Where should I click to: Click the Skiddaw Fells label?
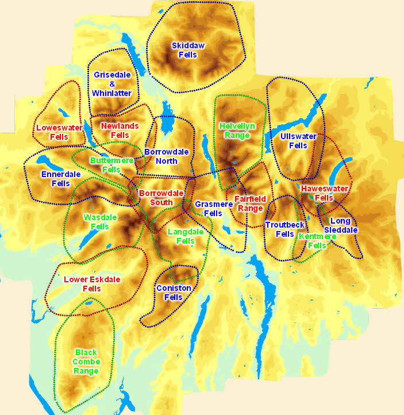click(188, 50)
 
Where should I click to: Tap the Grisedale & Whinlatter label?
click(113, 84)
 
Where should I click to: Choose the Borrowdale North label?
click(161, 156)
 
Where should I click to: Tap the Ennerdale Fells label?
click(60, 179)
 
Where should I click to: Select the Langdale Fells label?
click(185, 236)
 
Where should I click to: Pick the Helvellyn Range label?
click(237, 130)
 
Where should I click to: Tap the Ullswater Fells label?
click(298, 141)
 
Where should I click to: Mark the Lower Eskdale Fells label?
click(92, 284)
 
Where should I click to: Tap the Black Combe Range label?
click(86, 362)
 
